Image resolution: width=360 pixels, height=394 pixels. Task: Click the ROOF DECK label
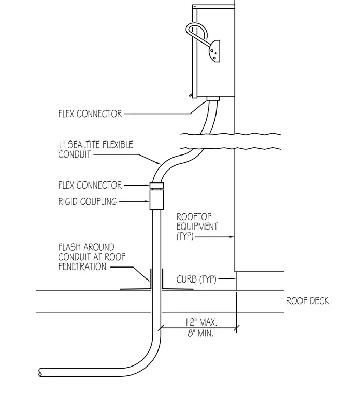[x=308, y=301]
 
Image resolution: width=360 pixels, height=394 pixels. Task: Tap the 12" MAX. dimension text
[x=201, y=322]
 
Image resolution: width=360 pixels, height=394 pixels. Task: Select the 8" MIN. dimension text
[x=200, y=333]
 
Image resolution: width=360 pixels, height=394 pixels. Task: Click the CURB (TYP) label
[x=196, y=279]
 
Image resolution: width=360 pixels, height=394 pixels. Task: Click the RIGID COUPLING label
[x=88, y=201]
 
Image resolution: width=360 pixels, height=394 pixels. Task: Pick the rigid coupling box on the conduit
[x=156, y=200]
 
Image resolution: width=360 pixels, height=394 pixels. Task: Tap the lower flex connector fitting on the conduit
[x=156, y=186]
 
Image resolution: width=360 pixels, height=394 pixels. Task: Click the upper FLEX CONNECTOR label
[x=90, y=114]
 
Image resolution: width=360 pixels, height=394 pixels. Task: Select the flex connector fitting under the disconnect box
[x=213, y=98]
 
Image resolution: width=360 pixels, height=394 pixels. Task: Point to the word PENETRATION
[x=82, y=266]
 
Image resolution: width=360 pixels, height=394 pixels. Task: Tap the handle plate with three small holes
[x=214, y=51]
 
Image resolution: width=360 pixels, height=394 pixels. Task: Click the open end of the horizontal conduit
[x=40, y=372]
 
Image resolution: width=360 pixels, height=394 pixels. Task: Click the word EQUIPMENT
[x=197, y=227]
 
